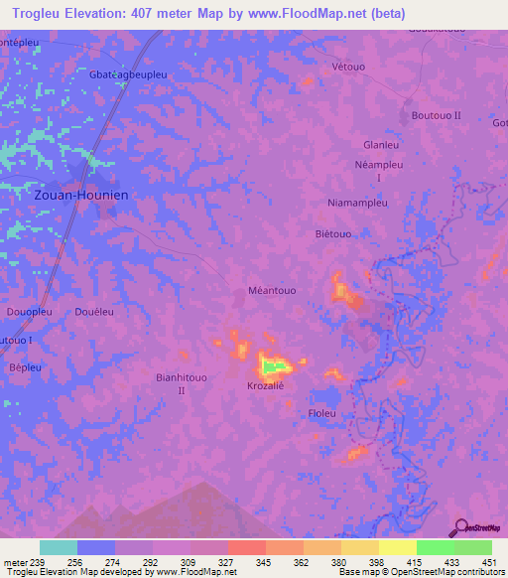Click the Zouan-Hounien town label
pos(81,196)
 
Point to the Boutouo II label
pos(437,116)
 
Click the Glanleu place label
pos(381,144)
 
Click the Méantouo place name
pos(271,291)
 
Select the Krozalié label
pos(266,384)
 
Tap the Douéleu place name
pos(94,312)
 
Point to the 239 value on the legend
pos(39,561)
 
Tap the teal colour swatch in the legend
pos(59,547)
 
